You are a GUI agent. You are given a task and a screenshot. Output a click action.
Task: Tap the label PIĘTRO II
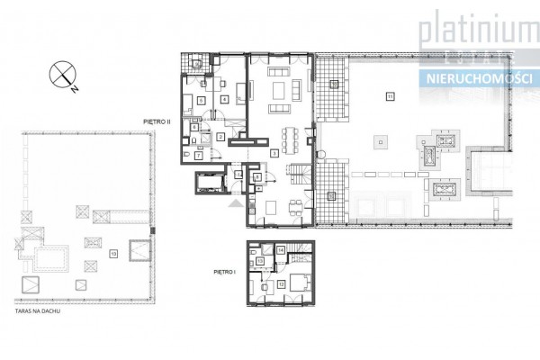pyautogui.click(x=157, y=117)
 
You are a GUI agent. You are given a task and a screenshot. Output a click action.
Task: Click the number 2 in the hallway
pyautogui.click(x=220, y=137)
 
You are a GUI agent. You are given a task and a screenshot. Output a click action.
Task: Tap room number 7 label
pyautogui.click(x=197, y=155)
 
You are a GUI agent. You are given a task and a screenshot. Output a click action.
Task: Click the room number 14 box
pyautogui.click(x=281, y=249)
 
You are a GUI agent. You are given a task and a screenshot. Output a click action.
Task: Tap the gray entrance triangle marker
pyautogui.click(x=237, y=204)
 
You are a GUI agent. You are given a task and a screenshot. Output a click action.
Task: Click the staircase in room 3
pyautogui.click(x=295, y=175)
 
